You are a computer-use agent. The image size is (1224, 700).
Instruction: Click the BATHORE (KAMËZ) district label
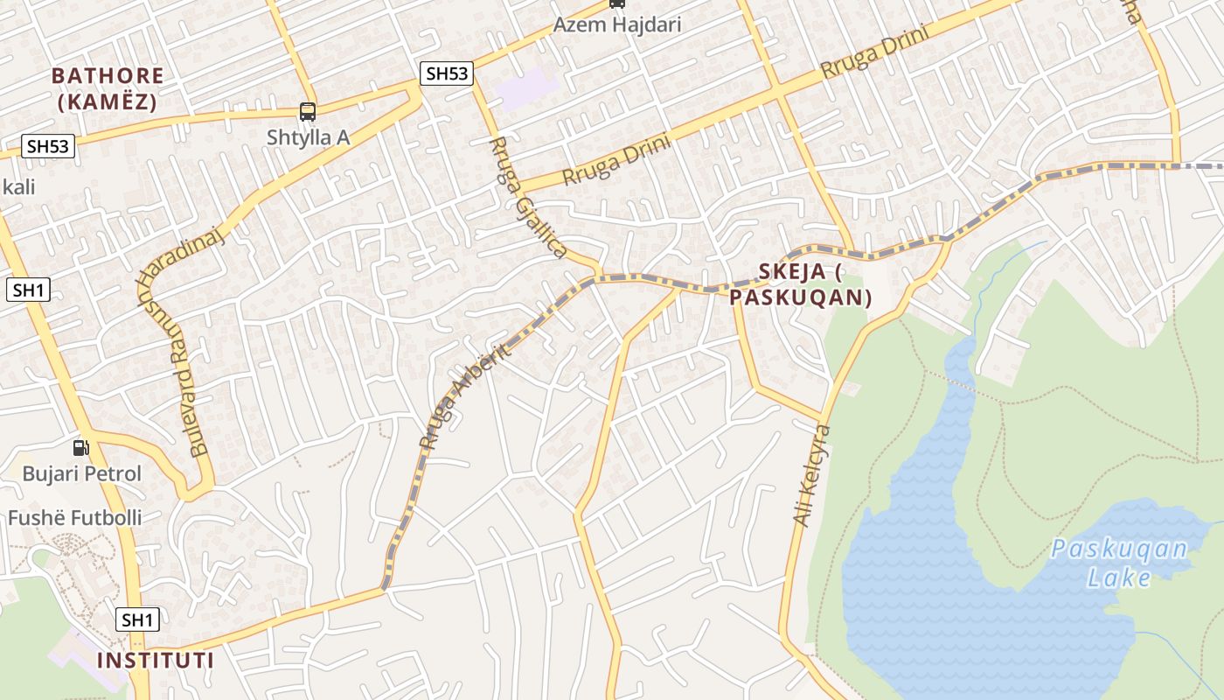(x=108, y=88)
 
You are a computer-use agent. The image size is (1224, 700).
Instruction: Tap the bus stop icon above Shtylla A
(x=308, y=111)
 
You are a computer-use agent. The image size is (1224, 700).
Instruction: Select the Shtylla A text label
(x=308, y=136)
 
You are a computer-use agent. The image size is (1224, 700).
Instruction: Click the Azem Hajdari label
(x=617, y=24)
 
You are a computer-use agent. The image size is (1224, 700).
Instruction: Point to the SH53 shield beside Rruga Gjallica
(x=447, y=73)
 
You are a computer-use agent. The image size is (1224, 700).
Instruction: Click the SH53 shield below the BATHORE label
(x=47, y=146)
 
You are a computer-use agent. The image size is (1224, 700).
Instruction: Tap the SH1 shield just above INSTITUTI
(x=137, y=620)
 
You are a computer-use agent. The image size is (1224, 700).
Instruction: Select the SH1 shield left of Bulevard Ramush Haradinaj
(x=28, y=290)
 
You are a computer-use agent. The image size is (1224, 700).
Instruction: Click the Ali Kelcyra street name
(x=811, y=475)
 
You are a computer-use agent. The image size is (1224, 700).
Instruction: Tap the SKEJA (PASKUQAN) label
(x=803, y=284)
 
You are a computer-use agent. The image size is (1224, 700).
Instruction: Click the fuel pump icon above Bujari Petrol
(x=81, y=448)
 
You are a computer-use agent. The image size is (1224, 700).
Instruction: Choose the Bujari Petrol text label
(x=81, y=474)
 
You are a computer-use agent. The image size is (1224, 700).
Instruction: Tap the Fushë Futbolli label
(x=74, y=518)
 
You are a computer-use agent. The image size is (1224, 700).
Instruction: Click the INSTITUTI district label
(x=156, y=660)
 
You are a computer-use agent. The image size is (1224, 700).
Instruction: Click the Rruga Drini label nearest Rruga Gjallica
(x=616, y=159)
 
